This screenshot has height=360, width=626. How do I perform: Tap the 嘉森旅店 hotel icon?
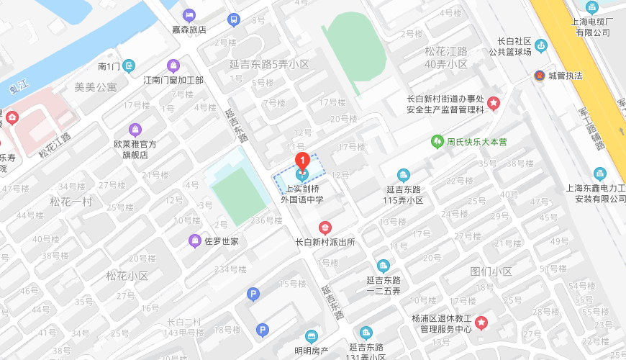[189, 15]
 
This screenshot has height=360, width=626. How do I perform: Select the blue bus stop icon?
[233, 19]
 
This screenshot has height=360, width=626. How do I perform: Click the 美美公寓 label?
[95, 87]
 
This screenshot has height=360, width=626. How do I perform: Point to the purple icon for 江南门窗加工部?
[173, 66]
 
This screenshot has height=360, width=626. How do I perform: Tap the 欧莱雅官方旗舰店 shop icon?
[135, 130]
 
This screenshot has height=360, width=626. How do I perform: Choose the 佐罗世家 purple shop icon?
[194, 241]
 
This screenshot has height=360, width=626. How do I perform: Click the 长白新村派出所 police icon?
[325, 228]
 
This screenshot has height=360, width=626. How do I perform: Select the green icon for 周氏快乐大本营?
[437, 142]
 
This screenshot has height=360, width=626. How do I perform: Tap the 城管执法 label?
[566, 76]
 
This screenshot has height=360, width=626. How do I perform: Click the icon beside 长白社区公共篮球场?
[541, 46]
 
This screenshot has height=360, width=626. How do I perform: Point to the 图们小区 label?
[491, 271]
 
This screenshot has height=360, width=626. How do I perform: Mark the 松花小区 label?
[127, 276]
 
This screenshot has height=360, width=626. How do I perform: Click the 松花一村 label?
[71, 202]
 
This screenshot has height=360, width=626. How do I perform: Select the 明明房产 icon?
[311, 336]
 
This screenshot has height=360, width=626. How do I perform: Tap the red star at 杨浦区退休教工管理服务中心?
[481, 322]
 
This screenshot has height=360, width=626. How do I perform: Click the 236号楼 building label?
[266, 220]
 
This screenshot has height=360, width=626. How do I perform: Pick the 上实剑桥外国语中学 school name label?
[302, 194]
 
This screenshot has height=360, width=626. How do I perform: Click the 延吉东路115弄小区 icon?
[404, 175]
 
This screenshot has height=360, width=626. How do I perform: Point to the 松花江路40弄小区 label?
[446, 58]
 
